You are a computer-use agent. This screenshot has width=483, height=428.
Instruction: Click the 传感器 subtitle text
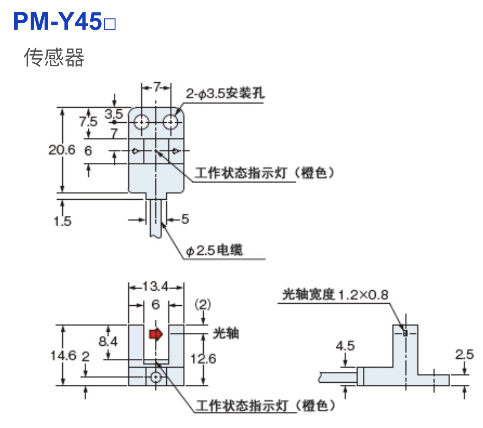tap(54, 57)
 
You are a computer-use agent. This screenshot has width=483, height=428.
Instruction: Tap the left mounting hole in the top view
tap(142, 121)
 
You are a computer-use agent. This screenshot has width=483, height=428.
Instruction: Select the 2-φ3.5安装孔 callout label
tap(225, 94)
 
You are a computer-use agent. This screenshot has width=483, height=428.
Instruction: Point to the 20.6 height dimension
tap(62, 150)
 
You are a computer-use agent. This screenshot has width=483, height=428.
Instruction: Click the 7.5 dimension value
tap(88, 121)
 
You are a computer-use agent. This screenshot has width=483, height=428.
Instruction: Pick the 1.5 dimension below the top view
tap(62, 221)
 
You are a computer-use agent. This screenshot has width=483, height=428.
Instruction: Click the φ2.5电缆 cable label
tap(214, 251)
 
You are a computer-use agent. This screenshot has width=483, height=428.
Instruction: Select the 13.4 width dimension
tap(155, 287)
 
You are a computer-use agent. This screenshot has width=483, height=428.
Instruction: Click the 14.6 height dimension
tap(63, 356)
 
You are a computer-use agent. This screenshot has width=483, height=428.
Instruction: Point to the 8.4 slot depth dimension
tap(108, 341)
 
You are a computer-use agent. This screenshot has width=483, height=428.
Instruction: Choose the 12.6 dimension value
tap(203, 358)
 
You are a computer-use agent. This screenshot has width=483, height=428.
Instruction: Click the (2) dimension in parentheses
tap(203, 304)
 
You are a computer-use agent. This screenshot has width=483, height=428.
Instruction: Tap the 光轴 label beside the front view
tap(226, 333)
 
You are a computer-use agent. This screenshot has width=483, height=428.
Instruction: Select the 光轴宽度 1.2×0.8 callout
tap(335, 295)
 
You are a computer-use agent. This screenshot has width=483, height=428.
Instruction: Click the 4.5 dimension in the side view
tap(345, 346)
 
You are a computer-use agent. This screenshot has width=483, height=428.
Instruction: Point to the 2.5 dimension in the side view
tap(464, 355)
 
